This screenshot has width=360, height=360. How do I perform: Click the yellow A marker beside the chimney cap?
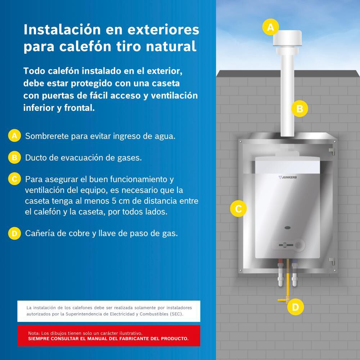tap(270, 27)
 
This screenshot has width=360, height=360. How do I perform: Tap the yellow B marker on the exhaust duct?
tap(300, 108)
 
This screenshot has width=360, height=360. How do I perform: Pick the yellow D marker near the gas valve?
tap(295, 307)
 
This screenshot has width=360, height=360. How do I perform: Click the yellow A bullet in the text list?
tap(14, 136)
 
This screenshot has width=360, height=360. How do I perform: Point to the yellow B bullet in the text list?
tap(14, 157)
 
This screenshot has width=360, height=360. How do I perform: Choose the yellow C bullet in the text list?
tap(14, 179)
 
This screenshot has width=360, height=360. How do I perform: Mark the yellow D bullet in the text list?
tap(14, 233)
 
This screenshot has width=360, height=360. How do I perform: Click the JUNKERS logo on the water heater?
tap(288, 177)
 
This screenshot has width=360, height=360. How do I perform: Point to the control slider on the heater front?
tap(284, 245)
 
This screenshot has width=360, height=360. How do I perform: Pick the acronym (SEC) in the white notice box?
tap(175, 314)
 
